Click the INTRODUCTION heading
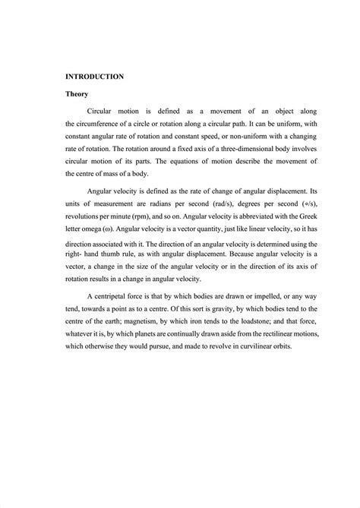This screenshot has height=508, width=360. click(x=94, y=77)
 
